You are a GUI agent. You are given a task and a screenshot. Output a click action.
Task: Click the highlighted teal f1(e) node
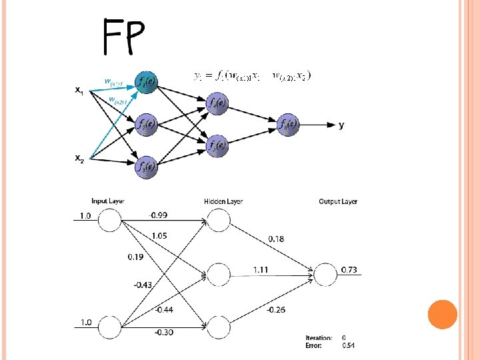[146, 82]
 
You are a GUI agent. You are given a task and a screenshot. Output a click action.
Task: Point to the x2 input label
[79, 158]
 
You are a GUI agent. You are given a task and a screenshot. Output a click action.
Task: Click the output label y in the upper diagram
[342, 125]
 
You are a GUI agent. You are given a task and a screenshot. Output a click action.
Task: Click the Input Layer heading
[108, 201]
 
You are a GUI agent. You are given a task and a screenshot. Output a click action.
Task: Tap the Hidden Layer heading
[223, 201]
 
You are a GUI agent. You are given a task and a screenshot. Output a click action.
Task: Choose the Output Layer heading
[338, 201]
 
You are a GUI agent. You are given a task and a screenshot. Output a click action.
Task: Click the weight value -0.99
[159, 215]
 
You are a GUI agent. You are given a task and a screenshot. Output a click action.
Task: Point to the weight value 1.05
[159, 235]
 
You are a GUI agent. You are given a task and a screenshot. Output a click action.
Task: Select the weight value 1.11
[261, 269]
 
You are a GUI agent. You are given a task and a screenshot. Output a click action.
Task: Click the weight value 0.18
[275, 238]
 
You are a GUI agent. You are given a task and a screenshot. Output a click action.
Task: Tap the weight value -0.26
[277, 309]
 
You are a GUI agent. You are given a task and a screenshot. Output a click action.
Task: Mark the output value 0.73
[349, 269]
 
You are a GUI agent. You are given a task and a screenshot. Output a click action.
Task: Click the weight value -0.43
[143, 285]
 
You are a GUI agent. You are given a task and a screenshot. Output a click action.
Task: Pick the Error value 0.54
[349, 345]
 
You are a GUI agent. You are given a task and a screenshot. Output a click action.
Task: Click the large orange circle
[442, 315]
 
